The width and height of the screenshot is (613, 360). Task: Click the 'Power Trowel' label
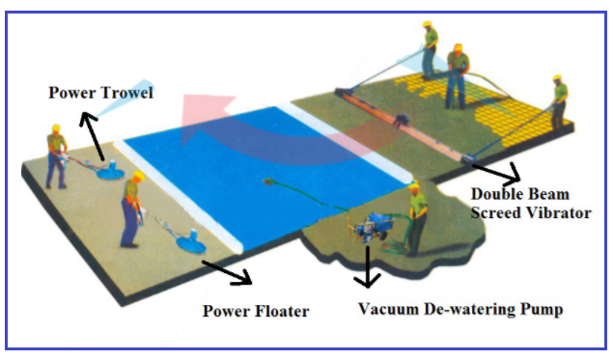[101, 93]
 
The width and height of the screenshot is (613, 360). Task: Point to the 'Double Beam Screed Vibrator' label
[530, 204]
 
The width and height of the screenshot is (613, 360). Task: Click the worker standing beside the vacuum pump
[415, 217]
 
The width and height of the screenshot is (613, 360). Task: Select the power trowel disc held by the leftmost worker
[109, 171]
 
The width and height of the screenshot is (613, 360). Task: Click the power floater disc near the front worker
[189, 238]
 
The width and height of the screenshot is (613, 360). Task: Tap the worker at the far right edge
[558, 100]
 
